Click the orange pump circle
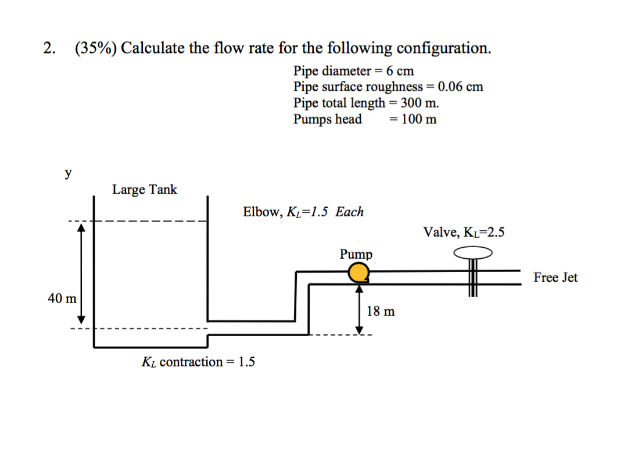tap(359, 272)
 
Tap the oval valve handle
tap(473, 252)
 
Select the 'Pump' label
tap(356, 255)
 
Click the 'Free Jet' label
tap(555, 277)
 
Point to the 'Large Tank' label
tap(145, 190)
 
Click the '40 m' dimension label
tap(62, 299)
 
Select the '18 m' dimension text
tap(381, 311)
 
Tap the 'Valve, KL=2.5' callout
tap(464, 233)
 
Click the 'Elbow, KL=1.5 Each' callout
tap(303, 212)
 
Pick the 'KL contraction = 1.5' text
tap(198, 362)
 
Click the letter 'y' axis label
tap(69, 173)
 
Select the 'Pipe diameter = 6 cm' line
tap(353, 71)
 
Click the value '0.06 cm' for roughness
tap(460, 87)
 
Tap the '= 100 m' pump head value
tap(413, 119)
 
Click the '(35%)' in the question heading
tap(95, 48)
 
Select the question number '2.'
tap(49, 48)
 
